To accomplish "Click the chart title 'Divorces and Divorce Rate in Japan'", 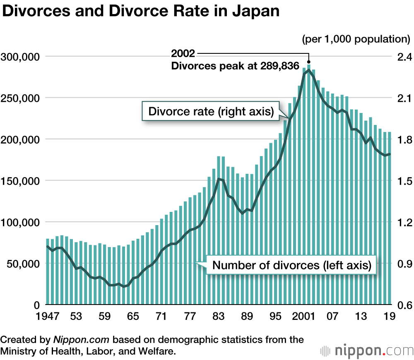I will (x=141, y=11).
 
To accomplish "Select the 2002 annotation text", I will (x=183, y=54).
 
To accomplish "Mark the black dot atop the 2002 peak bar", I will (x=309, y=62).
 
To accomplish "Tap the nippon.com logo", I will (x=364, y=350).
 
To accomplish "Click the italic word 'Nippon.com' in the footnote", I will (x=81, y=340).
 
